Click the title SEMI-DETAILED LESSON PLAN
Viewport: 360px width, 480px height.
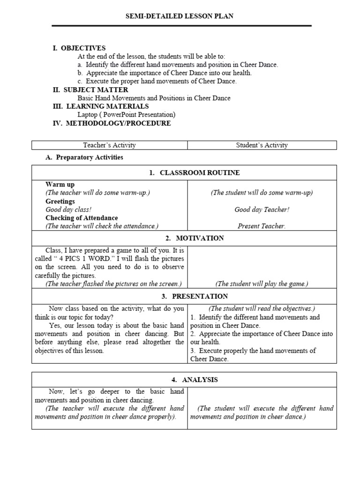point(180,16)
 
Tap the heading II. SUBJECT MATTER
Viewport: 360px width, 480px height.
point(90,90)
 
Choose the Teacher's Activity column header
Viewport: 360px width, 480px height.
point(109,145)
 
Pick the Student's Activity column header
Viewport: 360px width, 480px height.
point(262,145)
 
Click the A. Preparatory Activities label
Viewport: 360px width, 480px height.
point(84,157)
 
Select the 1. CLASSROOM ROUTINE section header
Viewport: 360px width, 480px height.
point(194,173)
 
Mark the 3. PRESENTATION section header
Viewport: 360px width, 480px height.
point(194,296)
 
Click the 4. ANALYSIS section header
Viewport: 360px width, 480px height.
point(194,380)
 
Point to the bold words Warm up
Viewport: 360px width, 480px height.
point(60,185)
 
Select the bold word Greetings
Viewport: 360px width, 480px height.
point(60,202)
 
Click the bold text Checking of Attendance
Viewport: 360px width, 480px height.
point(82,218)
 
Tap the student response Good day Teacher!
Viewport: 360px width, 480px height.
point(262,210)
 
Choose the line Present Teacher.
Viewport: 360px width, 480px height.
point(262,226)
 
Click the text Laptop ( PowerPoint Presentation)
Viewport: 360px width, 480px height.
point(127,115)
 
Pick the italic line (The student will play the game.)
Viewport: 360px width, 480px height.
point(262,284)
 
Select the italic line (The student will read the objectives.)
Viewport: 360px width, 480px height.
point(262,308)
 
